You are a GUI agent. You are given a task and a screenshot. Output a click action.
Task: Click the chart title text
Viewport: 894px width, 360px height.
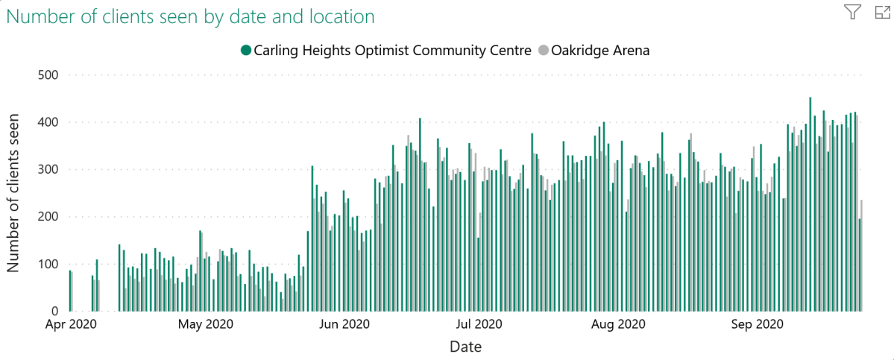[x=190, y=16]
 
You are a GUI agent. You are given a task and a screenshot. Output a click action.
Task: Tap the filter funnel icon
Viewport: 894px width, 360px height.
[x=852, y=11]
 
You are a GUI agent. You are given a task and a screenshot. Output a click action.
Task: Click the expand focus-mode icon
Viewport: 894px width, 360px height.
[x=882, y=11]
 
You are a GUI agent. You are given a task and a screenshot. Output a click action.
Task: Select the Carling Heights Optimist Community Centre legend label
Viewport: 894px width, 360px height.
[x=392, y=51]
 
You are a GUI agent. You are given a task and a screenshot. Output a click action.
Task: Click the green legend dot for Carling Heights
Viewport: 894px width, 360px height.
[x=245, y=51]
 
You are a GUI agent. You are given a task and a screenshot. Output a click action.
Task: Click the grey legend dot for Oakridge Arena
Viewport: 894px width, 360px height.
[x=543, y=51]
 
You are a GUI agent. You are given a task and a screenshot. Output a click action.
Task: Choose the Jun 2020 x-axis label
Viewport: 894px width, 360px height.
[x=344, y=325]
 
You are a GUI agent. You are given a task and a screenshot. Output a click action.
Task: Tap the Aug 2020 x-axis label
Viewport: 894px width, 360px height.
[x=618, y=325]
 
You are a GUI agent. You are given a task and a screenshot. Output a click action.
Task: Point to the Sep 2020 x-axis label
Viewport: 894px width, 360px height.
[x=756, y=325]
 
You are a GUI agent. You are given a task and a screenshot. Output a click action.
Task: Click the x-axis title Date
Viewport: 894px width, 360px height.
[x=465, y=347]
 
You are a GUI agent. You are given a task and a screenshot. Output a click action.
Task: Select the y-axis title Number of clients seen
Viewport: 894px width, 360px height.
[x=14, y=193]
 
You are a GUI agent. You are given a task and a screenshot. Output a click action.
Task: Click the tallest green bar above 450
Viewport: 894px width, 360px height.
[x=810, y=201]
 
